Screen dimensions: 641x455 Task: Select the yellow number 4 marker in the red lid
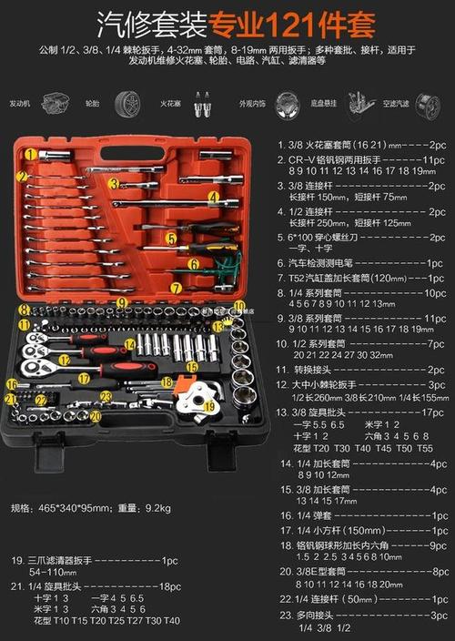[x=213, y=195]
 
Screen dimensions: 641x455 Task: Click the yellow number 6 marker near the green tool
[x=194, y=264]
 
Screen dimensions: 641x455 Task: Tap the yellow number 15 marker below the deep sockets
[x=192, y=366]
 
